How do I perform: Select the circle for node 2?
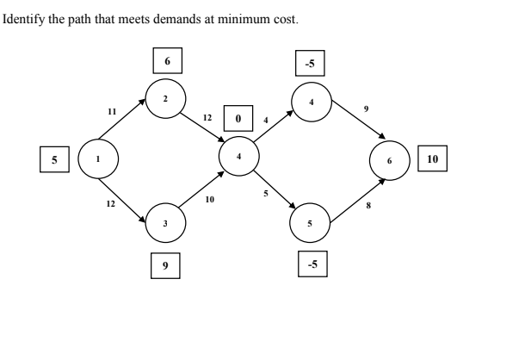pos(164,98)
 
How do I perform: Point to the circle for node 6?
pos(388,160)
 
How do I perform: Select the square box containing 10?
pos(432,159)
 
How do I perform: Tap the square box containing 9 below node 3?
pos(164,266)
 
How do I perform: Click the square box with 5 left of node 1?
pos(54,158)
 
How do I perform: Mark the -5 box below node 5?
pos(312,264)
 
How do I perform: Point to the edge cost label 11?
pos(111,111)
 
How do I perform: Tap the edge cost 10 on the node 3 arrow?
pos(209,199)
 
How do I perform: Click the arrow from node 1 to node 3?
pos(123,193)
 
